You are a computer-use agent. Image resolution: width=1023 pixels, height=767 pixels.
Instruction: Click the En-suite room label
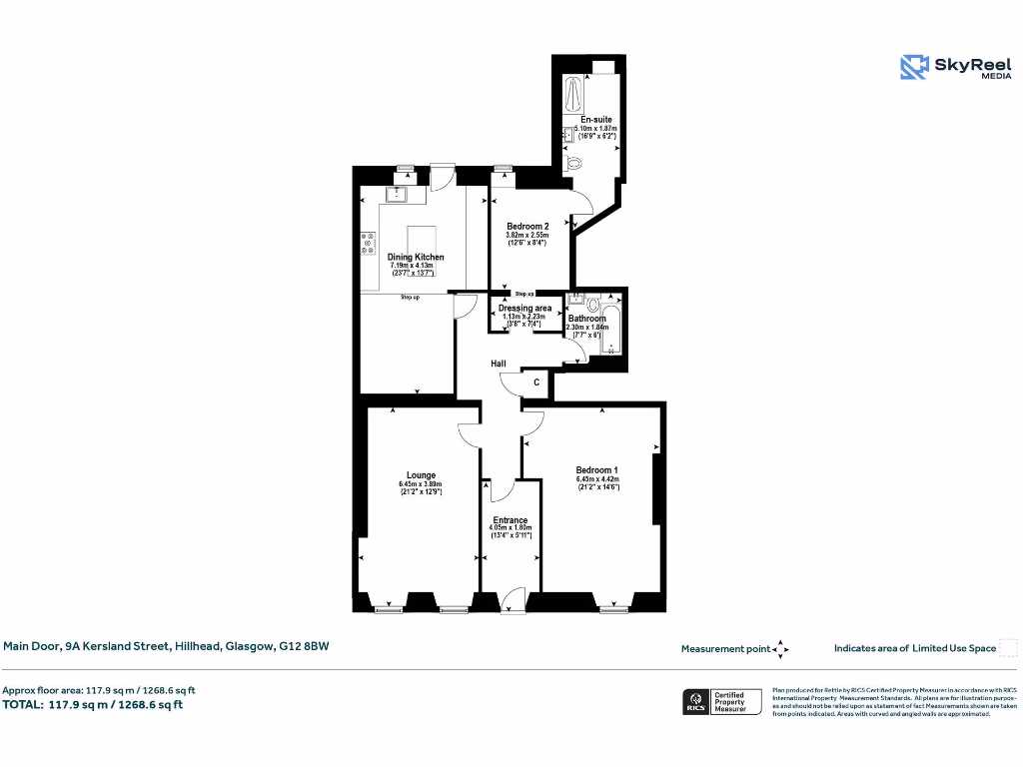coord(596,120)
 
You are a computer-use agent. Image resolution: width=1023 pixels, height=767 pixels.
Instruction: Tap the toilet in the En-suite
coord(572,162)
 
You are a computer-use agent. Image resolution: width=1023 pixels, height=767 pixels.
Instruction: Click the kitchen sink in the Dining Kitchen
coord(396,194)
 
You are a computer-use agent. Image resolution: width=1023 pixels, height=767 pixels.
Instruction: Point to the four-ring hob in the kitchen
coord(369,242)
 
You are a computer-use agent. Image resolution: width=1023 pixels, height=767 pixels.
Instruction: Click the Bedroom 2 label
coord(527,227)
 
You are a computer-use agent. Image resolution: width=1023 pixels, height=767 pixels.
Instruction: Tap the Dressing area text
coord(524,309)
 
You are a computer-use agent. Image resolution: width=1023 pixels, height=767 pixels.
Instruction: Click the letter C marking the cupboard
coord(536,383)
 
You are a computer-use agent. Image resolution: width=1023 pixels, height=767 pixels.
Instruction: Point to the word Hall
coord(498,364)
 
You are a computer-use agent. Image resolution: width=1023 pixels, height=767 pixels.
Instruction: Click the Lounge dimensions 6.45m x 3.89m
coord(420,485)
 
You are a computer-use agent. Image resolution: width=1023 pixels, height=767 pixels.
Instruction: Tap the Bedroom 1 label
coord(597,470)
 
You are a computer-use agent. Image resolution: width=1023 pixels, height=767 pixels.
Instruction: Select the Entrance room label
coord(511,520)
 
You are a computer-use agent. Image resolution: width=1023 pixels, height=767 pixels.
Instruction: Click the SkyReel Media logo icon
coord(914,66)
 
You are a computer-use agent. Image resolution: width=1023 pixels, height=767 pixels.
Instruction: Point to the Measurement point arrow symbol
coord(780,649)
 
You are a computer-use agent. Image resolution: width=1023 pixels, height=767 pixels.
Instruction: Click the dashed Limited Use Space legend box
coord(1007,648)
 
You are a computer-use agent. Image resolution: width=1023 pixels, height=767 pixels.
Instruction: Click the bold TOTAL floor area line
coord(93,705)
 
